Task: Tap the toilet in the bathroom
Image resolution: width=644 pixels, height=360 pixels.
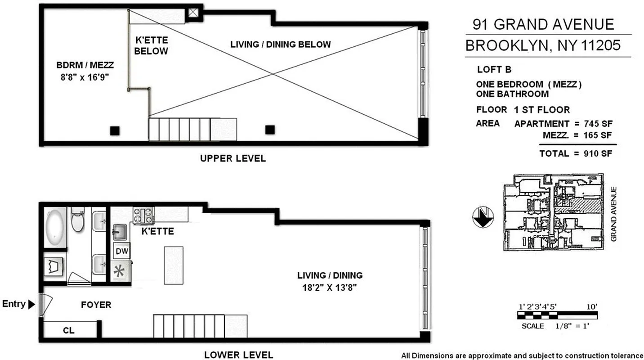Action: [x=78, y=219]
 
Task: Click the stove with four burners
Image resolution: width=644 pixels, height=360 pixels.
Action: [x=144, y=215]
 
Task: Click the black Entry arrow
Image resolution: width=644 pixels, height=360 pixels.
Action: [x=31, y=305]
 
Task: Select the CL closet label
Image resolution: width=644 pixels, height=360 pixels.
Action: [x=68, y=331]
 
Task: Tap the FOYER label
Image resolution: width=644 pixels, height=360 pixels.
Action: [x=96, y=305]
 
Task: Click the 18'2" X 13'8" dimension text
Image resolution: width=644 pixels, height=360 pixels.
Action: [x=330, y=288]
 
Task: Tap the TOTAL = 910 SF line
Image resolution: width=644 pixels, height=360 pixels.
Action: [x=576, y=153]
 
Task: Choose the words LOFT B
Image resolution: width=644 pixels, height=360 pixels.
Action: [x=494, y=70]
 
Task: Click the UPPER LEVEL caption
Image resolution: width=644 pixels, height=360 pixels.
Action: [x=233, y=158]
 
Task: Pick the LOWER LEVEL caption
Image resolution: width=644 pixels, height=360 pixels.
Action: [x=238, y=355]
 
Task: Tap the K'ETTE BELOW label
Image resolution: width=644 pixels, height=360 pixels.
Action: [x=151, y=45]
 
